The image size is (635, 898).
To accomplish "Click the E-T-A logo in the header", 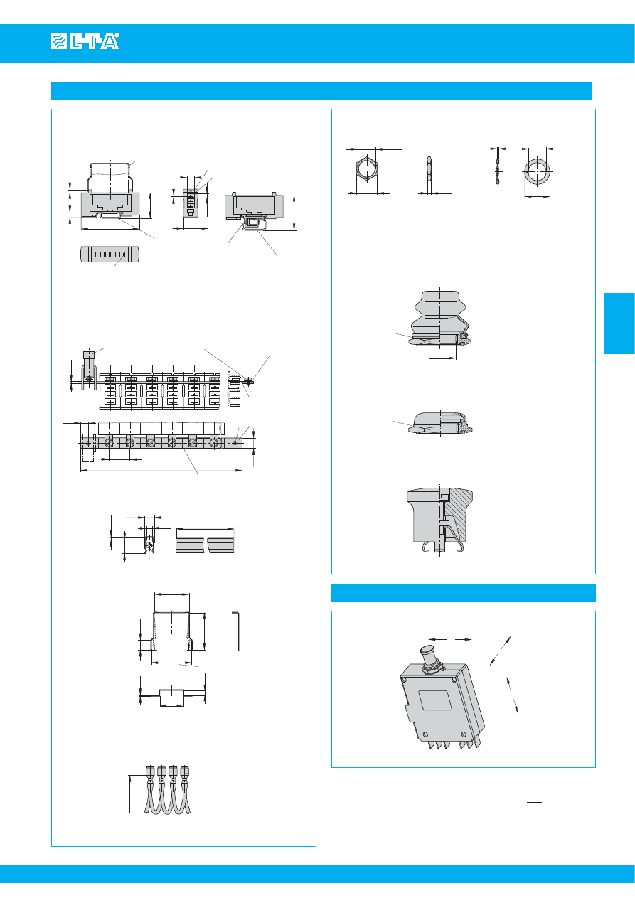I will pyautogui.click(x=85, y=43).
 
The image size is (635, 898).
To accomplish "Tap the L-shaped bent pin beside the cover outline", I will pyautogui.click(x=238, y=630).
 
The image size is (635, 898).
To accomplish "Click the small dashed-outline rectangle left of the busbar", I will pyautogui.click(x=88, y=442).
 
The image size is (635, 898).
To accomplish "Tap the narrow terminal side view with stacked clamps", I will pyautogui.click(x=190, y=203).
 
